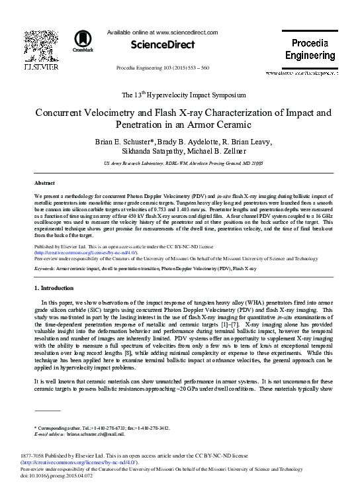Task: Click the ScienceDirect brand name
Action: pos(163,45)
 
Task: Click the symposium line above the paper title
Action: pos(179,96)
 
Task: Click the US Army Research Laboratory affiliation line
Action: pos(179,162)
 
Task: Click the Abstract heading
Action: pos(44,181)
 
